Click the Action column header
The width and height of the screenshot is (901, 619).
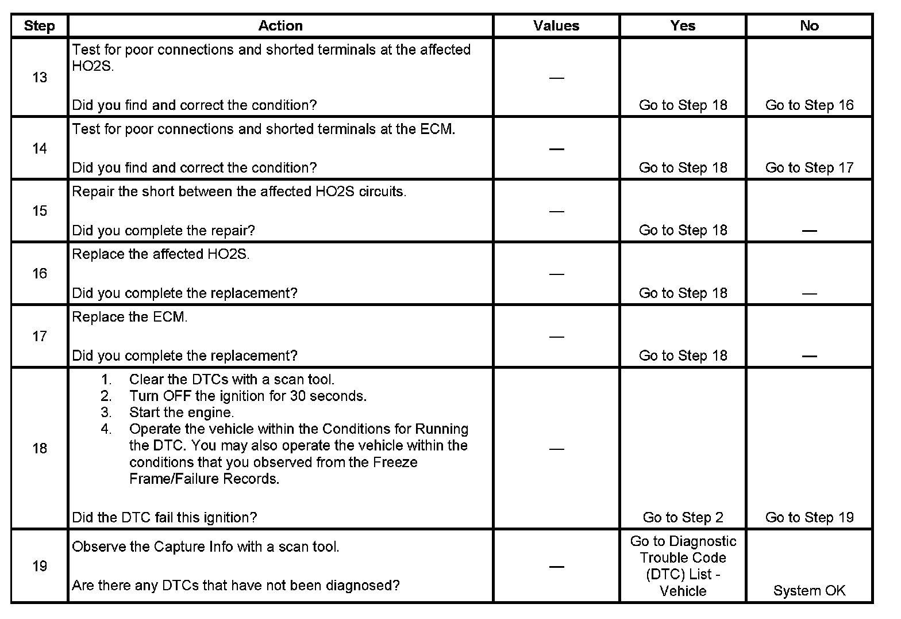280,26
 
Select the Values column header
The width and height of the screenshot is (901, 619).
556,26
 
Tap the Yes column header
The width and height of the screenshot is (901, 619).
683,26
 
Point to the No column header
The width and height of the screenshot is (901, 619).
809,26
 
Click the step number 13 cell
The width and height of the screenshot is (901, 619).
40,78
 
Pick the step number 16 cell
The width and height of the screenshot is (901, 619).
40,274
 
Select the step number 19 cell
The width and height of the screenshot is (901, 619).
40,567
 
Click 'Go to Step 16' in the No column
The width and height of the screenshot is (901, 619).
809,105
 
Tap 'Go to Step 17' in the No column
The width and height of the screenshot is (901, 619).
809,168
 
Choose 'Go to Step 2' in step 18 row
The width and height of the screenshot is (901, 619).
683,518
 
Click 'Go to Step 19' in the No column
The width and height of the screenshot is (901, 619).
809,518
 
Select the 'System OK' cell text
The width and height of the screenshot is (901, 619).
809,591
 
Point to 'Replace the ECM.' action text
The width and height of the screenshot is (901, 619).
130,318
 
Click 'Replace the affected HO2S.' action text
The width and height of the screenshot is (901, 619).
161,255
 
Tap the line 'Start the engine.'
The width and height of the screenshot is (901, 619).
182,412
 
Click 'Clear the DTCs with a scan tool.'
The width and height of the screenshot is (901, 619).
232,380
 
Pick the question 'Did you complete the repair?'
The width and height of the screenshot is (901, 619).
163,231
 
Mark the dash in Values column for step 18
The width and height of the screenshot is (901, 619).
556,449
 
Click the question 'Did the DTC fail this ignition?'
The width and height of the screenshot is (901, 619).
164,518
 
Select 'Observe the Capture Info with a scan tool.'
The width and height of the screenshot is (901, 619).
206,547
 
